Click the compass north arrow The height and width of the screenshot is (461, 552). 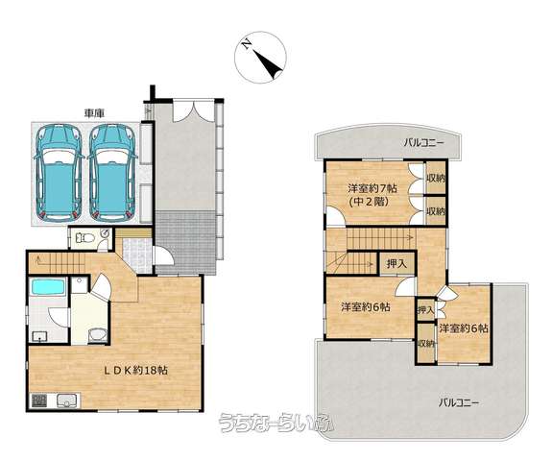(267, 61)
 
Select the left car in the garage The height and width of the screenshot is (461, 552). (59, 173)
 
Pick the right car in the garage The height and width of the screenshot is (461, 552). (111, 173)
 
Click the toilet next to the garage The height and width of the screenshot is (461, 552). (84, 238)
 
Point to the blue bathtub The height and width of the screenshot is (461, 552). (48, 286)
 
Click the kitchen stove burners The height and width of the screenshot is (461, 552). (39, 400)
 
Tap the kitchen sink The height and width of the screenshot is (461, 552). (68, 400)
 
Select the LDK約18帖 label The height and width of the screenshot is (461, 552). (134, 370)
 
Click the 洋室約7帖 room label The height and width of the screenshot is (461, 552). (372, 188)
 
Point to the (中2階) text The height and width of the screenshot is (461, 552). (369, 202)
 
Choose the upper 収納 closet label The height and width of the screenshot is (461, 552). (436, 178)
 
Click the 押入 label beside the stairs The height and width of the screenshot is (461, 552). (396, 263)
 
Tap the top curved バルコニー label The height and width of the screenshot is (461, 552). (424, 143)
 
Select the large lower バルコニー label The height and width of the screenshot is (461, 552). (459, 402)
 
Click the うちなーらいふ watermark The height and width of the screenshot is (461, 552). (276, 422)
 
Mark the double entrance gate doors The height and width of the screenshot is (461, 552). (193, 111)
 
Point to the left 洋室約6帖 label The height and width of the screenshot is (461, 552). (366, 307)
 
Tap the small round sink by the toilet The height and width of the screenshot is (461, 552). (105, 232)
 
